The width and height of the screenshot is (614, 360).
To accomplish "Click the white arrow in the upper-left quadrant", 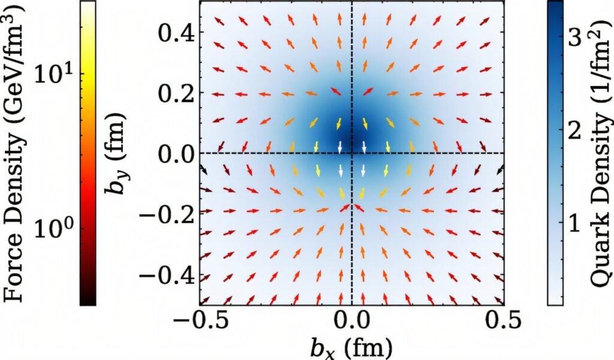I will tap(340, 146).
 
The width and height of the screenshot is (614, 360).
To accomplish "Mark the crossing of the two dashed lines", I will tap(352, 153).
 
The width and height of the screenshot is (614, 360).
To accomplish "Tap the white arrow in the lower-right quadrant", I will tap(363, 170).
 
